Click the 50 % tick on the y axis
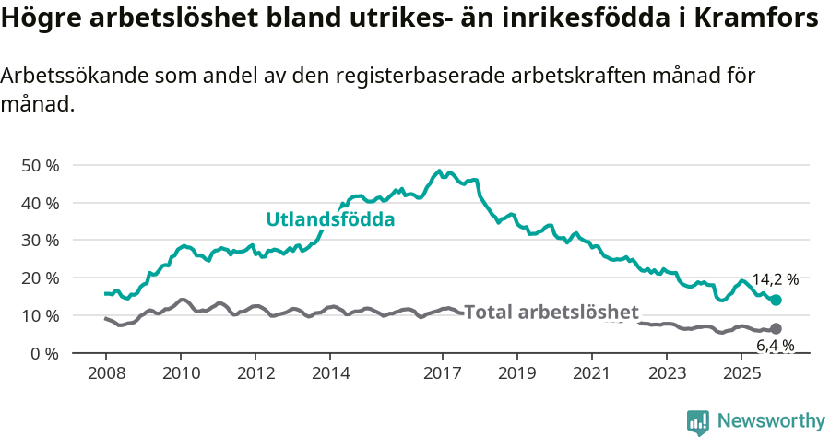[x=40, y=165]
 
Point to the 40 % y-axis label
[x=40, y=203]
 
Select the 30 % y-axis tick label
[x=40, y=240]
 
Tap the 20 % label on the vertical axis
[x=40, y=278]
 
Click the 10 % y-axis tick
[x=40, y=315]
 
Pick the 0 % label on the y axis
[x=43, y=353]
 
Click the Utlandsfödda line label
[x=330, y=219]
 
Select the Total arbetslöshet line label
[x=551, y=312]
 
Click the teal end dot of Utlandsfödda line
[x=777, y=300]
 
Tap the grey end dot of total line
[x=777, y=328]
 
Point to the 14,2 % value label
[x=775, y=278]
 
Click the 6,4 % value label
[x=775, y=346]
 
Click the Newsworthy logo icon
[x=698, y=421]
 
